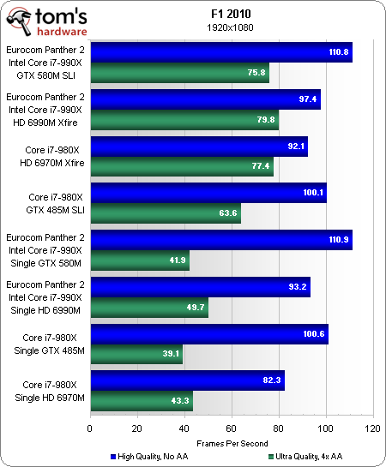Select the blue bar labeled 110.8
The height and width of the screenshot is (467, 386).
tap(220, 52)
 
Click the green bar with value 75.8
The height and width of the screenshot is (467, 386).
tap(179, 73)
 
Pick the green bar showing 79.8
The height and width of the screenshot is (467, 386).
tap(184, 120)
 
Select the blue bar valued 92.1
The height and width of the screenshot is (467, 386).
tap(198, 147)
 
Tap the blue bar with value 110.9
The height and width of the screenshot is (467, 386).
tap(220, 240)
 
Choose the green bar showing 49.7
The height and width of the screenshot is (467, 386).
tap(148, 308)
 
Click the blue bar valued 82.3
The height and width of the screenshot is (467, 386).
tap(186, 380)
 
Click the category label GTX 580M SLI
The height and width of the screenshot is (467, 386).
tap(48, 75)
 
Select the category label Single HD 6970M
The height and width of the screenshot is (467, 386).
tap(48, 398)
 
